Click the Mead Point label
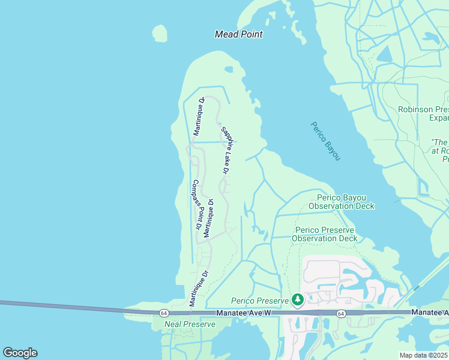238,34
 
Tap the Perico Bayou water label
326,141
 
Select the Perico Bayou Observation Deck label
341,202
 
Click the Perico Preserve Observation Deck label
324,234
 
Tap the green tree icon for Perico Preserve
297,299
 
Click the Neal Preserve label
190,324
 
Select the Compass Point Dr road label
196,205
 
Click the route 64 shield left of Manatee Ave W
164,313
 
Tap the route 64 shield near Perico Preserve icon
340,313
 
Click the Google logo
20,353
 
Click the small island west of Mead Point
160,34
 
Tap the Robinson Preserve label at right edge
424,113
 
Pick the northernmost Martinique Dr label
197,116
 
